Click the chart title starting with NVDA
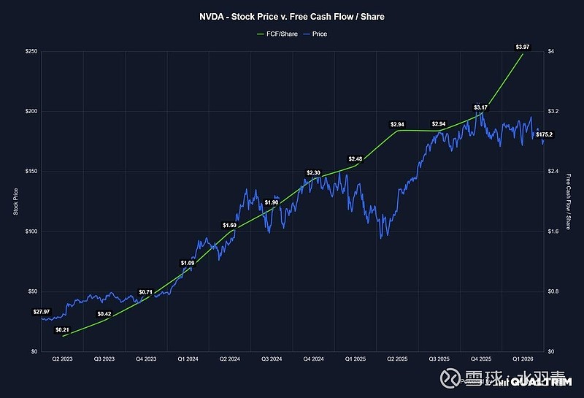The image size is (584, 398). pos(291,15)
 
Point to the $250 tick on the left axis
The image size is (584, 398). pos(30,51)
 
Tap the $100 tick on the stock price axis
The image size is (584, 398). pos(30,231)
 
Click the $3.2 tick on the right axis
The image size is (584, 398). pos(553,112)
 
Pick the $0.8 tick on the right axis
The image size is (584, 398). pos(553,291)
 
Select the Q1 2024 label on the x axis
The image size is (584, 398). pos(188,359)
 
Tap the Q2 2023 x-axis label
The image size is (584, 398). pos(63,359)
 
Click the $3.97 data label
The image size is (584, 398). pos(523,47)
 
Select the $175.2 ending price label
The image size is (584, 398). pos(545,134)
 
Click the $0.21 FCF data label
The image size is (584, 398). pos(62,329)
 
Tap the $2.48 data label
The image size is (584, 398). pos(356,158)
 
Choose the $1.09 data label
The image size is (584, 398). pos(188,263)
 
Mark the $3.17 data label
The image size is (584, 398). pos(480,107)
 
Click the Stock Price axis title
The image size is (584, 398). pos(15,202)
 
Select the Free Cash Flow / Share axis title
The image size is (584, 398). pos(569,202)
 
